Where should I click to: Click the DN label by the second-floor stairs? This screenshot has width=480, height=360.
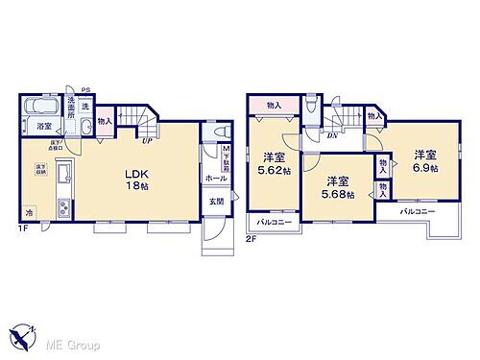point(331,135)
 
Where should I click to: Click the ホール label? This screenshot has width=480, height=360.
point(215,178)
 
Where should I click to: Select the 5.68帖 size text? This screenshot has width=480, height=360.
point(336,194)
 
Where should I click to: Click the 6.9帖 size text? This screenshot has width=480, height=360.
point(427,167)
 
